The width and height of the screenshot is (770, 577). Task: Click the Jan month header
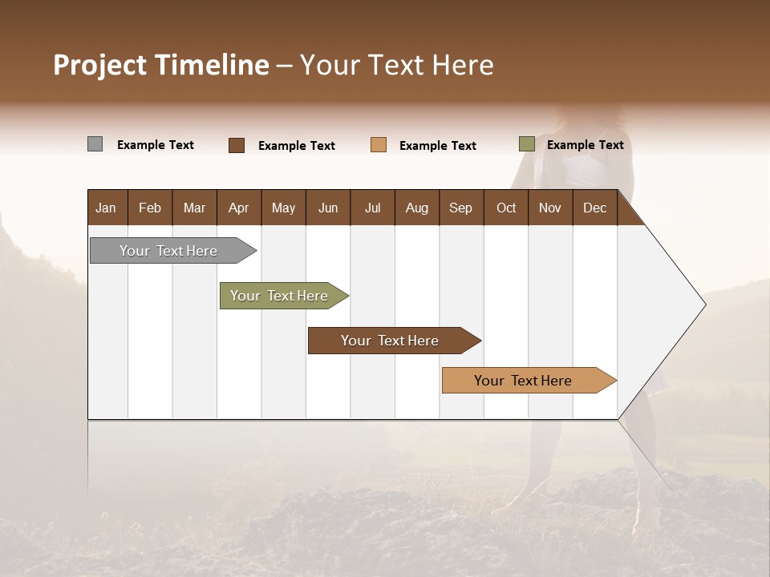tap(106, 208)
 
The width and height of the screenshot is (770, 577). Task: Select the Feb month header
tap(150, 208)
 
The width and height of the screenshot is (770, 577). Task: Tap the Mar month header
tap(194, 208)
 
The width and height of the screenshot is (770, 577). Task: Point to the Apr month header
tap(238, 208)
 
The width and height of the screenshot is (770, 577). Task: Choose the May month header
tap(283, 208)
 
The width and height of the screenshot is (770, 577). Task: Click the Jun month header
tap(328, 208)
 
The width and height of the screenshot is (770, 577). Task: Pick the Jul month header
tap(372, 208)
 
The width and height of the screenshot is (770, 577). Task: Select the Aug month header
tap(416, 208)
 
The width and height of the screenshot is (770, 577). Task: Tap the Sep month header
tap(460, 208)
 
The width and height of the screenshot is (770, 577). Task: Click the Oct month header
tap(506, 208)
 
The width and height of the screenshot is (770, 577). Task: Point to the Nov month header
tap(549, 208)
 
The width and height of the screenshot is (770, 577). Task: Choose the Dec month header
tap(594, 208)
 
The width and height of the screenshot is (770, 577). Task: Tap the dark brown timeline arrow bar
tap(391, 341)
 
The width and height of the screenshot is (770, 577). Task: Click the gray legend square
tap(95, 144)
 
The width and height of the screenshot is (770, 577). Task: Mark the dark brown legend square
tap(237, 145)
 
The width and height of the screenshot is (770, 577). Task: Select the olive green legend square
tap(527, 144)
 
